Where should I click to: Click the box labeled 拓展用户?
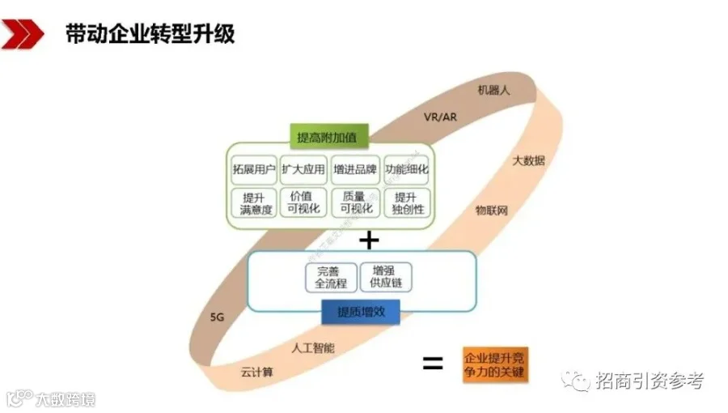252,170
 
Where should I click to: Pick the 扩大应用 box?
303,170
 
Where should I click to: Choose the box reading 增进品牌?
355,170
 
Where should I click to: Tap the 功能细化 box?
406,170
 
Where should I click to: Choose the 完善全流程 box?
330,277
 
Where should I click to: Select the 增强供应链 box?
387,277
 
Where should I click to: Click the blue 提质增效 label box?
361,312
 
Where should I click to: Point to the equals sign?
433,364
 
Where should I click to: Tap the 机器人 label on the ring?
493,91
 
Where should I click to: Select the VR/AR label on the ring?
440,117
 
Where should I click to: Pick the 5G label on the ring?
217,317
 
